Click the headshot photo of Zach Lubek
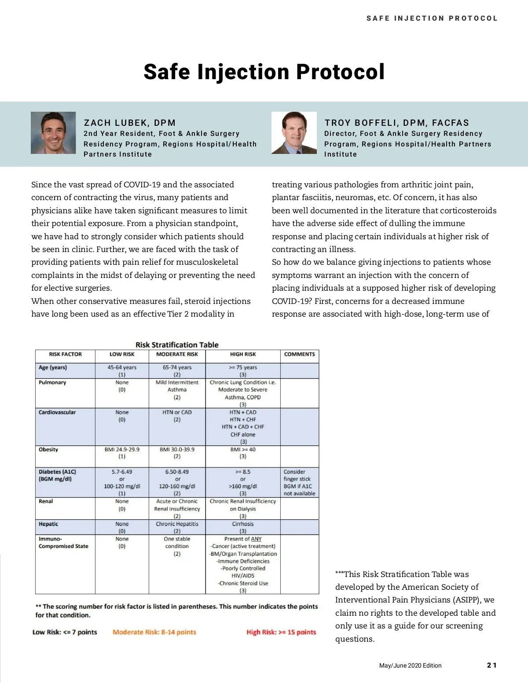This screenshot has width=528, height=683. pyautogui.click(x=53, y=133)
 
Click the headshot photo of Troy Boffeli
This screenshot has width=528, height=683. pyautogui.click(x=294, y=133)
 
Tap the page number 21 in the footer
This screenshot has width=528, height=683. pyautogui.click(x=491, y=665)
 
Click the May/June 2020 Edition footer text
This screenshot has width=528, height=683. pyautogui.click(x=410, y=665)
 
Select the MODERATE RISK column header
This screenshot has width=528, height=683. pyautogui.click(x=177, y=354)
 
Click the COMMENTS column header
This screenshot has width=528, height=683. pyautogui.click(x=299, y=354)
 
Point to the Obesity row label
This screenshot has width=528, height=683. pyautogui.click(x=48, y=449)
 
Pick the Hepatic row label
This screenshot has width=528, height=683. pyautogui.click(x=48, y=524)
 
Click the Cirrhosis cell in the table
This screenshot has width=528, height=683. pyautogui.click(x=243, y=524)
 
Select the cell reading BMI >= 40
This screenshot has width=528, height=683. pyautogui.click(x=243, y=449)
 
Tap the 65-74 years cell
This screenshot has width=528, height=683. pyautogui.click(x=177, y=368)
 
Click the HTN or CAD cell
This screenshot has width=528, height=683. pyautogui.click(x=177, y=413)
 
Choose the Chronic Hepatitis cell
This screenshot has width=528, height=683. pyautogui.click(x=177, y=524)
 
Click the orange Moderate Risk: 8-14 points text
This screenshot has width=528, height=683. pyautogui.click(x=154, y=632)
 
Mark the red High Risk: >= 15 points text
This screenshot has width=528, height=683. pyautogui.click(x=281, y=632)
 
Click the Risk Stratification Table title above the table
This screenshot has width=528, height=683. pyautogui.click(x=177, y=345)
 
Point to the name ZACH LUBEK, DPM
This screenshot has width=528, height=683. pyautogui.click(x=130, y=123)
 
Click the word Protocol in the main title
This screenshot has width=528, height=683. pyautogui.click(x=340, y=72)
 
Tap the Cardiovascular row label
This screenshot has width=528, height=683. pyautogui.click(x=57, y=413)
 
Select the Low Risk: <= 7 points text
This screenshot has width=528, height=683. pyautogui.click(x=65, y=632)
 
